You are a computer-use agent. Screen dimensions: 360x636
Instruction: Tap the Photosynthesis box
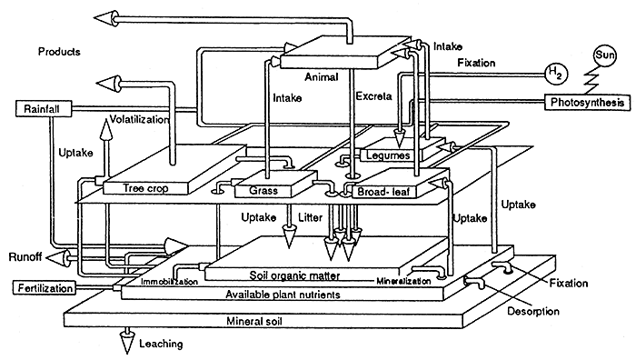(x=587, y=103)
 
